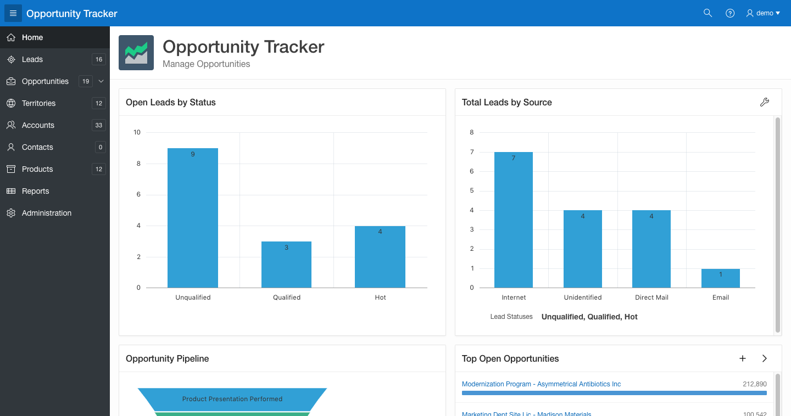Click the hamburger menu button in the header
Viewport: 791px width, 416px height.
click(x=13, y=13)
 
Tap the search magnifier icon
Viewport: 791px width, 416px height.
click(x=708, y=13)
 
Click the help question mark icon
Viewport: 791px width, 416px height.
click(x=730, y=13)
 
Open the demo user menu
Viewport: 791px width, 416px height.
click(x=763, y=13)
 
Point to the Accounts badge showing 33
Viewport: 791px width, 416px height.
click(x=98, y=125)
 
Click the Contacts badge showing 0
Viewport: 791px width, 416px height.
click(x=101, y=147)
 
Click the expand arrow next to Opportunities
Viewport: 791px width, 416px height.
click(x=101, y=81)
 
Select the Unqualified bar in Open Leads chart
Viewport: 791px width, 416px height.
click(x=193, y=218)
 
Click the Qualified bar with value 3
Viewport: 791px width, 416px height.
click(x=286, y=265)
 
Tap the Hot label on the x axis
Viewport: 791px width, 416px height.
click(x=380, y=297)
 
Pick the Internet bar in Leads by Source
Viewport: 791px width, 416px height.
click(x=514, y=220)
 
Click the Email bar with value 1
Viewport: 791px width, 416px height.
click(x=720, y=278)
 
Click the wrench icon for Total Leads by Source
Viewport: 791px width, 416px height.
click(x=765, y=102)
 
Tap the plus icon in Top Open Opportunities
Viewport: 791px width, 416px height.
click(x=743, y=358)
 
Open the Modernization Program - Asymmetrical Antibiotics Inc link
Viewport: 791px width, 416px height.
click(x=541, y=384)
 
